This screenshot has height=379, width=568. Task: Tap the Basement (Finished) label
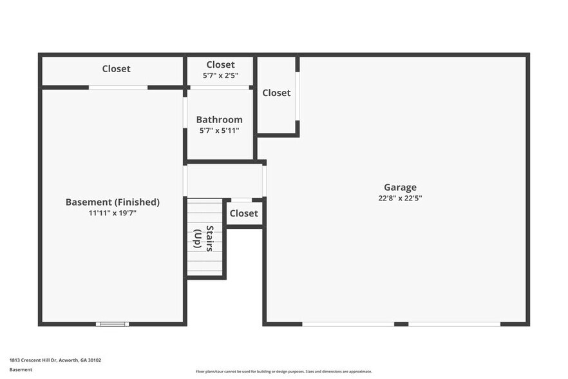pos(113,202)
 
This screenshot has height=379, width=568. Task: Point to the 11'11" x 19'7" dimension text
pos(113,213)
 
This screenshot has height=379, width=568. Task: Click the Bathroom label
pos(220,120)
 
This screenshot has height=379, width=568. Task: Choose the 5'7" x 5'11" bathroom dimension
pos(220,131)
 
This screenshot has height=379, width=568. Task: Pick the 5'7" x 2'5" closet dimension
pos(220,76)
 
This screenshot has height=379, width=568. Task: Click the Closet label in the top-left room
pos(116,69)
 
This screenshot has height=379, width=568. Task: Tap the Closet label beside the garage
pos(276,93)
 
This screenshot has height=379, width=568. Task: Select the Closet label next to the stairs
pos(243,213)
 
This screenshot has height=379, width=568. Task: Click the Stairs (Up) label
pos(204,238)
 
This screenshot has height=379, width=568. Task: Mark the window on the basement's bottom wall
pos(112,324)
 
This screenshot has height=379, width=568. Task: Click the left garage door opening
pos(348,324)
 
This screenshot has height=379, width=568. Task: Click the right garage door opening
pos(454,324)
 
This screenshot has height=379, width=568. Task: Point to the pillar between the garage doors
pos(401,324)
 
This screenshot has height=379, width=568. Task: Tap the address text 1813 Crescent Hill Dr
pos(55,360)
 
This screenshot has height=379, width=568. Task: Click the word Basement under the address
pos(21,370)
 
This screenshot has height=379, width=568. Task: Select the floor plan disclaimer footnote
pos(283,371)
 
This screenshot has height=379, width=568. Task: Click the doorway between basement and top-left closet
pos(118,88)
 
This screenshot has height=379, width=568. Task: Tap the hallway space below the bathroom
pos(224,181)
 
